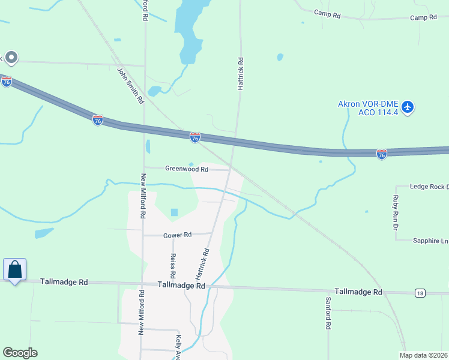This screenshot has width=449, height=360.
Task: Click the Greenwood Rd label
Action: coord(187,169)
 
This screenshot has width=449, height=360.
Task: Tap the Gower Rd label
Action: coord(177,235)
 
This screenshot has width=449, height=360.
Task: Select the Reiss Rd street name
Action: coord(173,265)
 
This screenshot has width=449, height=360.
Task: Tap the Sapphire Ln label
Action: coord(430,241)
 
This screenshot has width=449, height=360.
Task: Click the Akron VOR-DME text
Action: coord(368,104)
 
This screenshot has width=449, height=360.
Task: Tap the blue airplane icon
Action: coord(408,107)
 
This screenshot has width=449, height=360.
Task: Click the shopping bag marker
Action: coord(14,270)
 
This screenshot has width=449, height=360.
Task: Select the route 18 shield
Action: coord(419,292)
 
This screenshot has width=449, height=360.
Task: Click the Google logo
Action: coord(20,353)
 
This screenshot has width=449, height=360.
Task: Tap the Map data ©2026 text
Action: coord(423,355)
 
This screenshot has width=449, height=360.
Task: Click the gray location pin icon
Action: coord(11,58)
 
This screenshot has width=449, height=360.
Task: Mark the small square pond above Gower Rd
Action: coord(174,212)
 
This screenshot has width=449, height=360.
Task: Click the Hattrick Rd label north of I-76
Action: coord(240,74)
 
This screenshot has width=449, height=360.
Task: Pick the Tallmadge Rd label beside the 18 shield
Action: coord(358,292)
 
